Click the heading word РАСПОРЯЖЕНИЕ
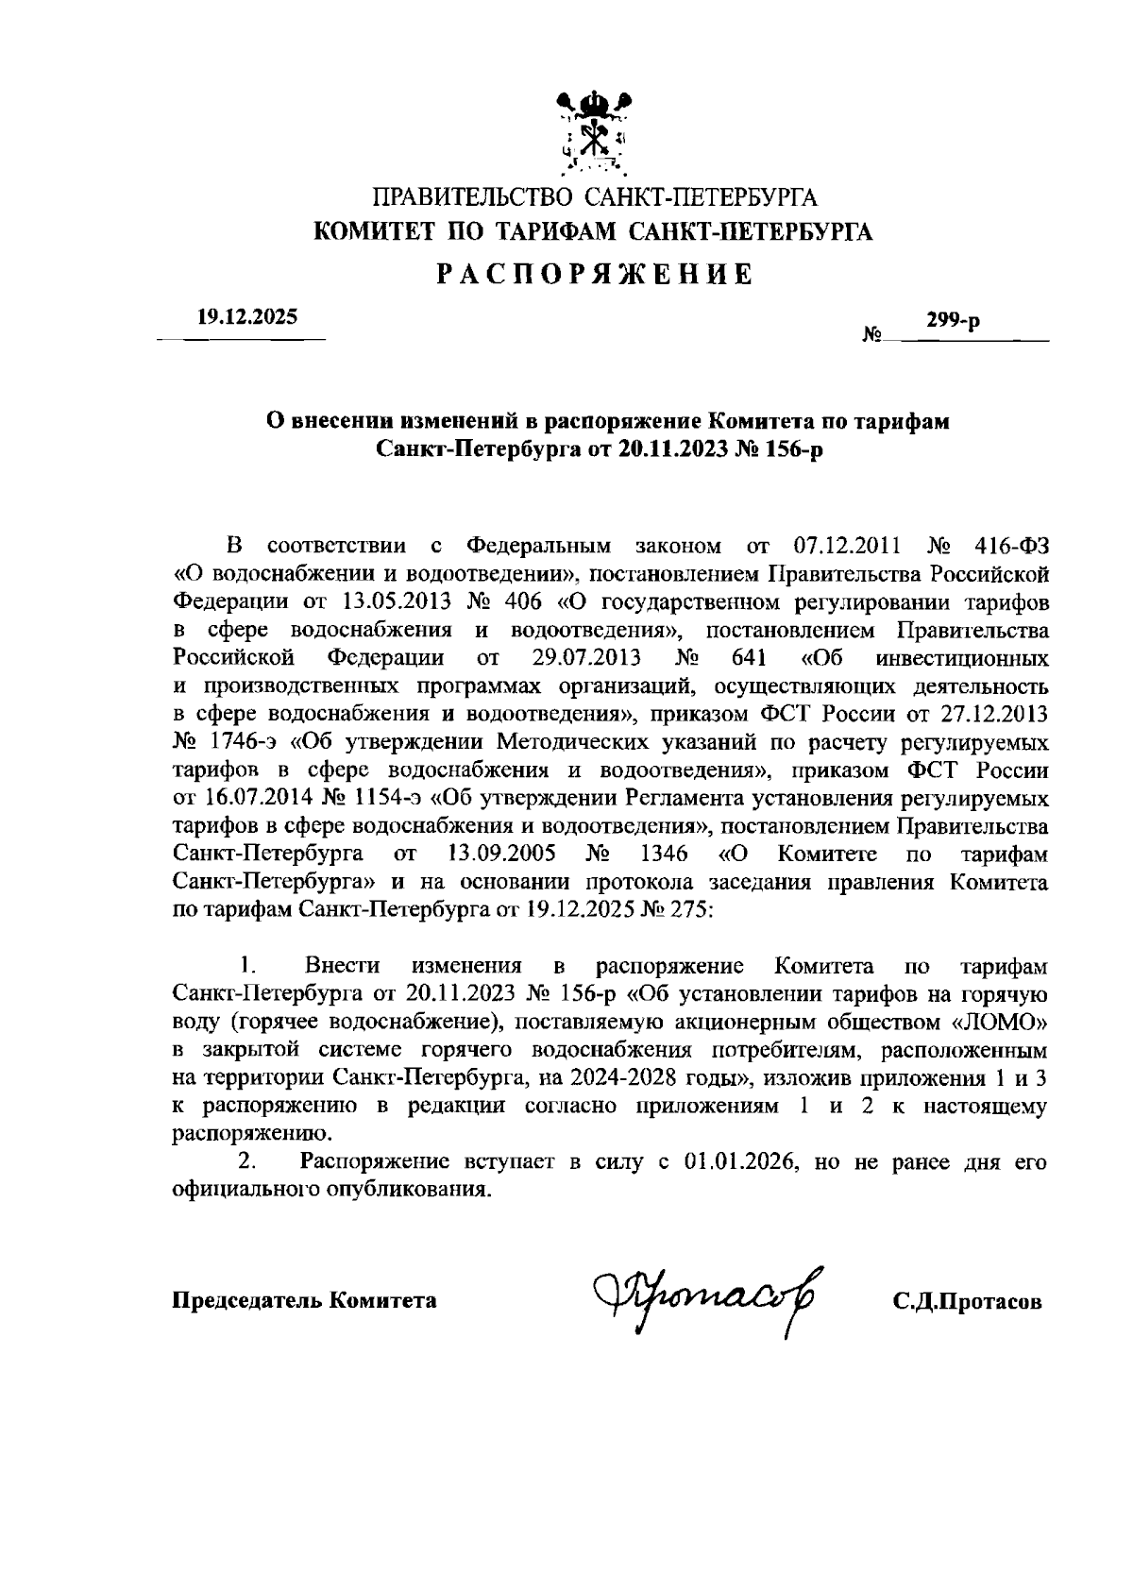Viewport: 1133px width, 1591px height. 594,274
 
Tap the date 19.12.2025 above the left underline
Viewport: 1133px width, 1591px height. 246,317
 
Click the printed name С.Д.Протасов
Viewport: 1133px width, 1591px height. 968,1301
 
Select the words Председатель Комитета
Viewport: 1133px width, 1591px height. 303,1300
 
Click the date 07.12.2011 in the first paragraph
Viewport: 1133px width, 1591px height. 842,546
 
